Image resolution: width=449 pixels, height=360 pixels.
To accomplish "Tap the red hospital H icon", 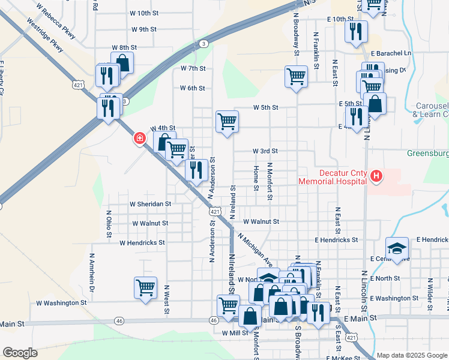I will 376,176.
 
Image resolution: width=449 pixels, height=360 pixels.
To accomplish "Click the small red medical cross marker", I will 140,139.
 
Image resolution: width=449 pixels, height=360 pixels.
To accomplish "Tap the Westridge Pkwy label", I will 44,35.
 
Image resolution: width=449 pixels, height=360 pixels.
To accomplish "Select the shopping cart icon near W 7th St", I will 296,76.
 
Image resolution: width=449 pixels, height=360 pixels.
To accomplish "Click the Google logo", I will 20,353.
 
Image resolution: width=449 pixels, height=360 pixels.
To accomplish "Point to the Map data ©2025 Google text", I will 412,355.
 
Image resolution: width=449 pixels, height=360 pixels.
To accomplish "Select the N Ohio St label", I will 109,224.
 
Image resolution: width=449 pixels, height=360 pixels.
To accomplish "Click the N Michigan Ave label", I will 255,250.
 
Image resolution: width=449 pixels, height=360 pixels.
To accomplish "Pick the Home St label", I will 256,178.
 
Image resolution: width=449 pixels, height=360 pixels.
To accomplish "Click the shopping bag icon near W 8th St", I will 122,62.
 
